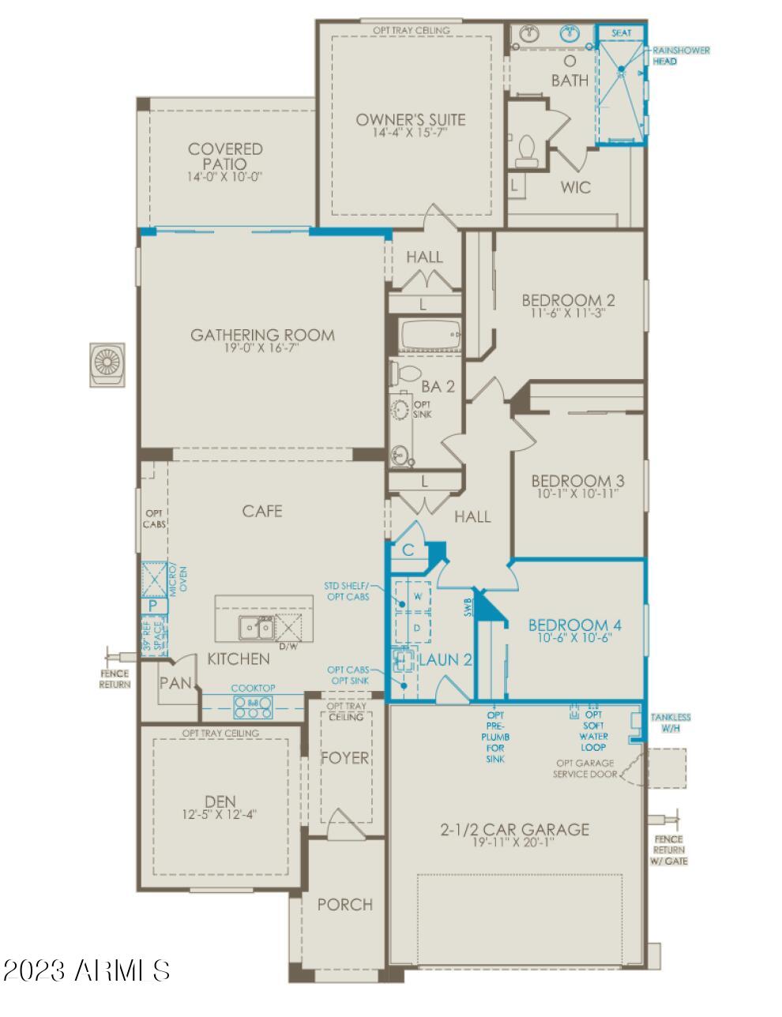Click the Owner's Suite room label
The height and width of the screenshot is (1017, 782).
tap(410, 120)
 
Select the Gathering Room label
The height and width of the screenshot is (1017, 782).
tap(262, 335)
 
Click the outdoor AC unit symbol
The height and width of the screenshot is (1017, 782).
tap(106, 365)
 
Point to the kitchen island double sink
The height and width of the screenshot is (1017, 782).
tap(256, 628)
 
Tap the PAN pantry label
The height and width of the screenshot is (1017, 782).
tap(175, 683)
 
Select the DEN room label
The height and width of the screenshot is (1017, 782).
tap(220, 801)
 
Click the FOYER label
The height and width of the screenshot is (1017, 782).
tap(345, 758)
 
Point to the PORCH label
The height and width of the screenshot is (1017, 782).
tap(345, 904)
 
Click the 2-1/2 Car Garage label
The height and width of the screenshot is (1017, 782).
tap(514, 829)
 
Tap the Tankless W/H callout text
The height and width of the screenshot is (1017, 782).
tap(670, 722)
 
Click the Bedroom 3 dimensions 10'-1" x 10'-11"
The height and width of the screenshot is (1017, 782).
tap(573, 493)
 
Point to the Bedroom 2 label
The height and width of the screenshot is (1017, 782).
tap(568, 300)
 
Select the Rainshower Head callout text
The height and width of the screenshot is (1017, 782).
tap(680, 55)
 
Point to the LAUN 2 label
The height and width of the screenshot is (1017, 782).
tap(446, 660)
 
